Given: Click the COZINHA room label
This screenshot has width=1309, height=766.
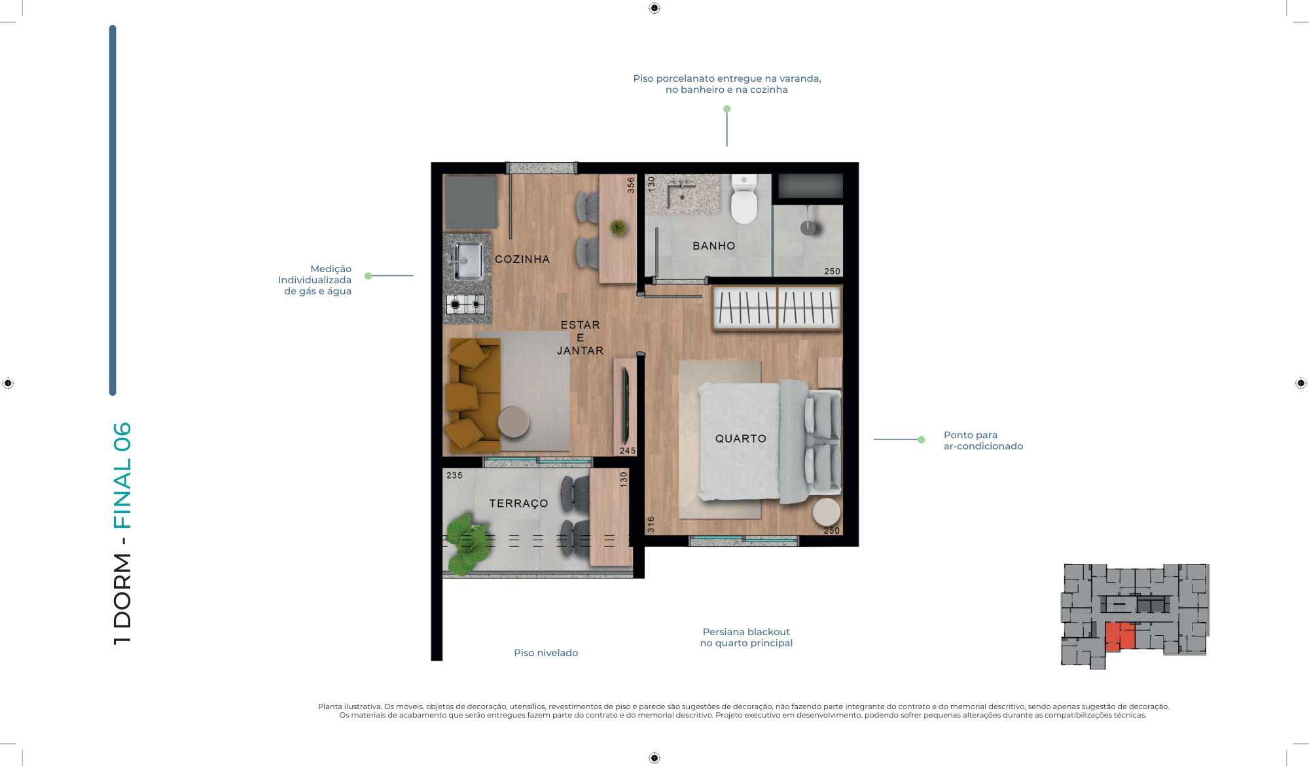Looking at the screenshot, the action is coord(522,259).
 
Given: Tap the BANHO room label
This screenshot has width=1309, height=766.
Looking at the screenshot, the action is coord(713,246).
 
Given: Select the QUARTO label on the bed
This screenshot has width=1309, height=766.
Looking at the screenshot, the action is coord(740,438).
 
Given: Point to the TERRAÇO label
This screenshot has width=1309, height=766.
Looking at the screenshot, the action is coord(518,503).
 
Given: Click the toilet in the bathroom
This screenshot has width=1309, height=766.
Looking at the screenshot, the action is coord(744,199).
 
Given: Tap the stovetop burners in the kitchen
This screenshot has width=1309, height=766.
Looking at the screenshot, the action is coord(465,304).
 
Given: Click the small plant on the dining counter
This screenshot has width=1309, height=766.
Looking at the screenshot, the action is coord(617,228).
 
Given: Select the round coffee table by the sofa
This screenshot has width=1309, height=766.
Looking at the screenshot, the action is coord(513,421).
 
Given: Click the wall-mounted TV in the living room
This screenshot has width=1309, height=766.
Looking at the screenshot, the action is coord(626,406).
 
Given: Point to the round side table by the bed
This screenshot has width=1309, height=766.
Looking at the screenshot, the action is coord(827,512).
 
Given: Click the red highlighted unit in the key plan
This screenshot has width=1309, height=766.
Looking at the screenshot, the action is coord(1119,636).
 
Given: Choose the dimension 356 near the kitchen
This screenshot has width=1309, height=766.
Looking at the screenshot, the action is coord(631,184).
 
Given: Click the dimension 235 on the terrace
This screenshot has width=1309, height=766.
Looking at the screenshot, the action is coord(454,476).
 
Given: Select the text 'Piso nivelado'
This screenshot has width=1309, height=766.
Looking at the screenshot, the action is coord(546,653).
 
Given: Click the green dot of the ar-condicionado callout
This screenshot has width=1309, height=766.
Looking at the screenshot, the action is coord(921,440).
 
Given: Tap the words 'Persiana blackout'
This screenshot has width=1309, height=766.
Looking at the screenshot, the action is coord(746,632).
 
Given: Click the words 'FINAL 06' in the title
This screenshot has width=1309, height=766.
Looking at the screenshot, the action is coord(122,476).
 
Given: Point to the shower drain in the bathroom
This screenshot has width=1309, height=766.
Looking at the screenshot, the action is coord(808,227).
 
